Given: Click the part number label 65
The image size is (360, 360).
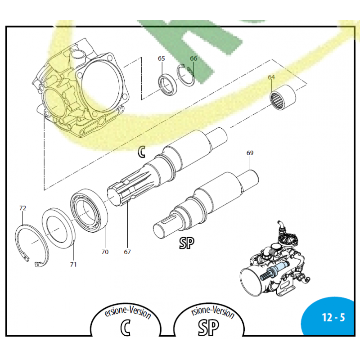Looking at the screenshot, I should click(161, 58).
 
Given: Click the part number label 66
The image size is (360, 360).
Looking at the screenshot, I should click(193, 58).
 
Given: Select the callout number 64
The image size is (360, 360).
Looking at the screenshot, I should click(271, 77).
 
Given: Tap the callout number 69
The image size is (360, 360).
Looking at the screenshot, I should click(250, 153).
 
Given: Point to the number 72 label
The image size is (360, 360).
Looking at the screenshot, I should click(22, 208).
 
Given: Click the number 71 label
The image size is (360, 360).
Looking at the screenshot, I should click(73, 265).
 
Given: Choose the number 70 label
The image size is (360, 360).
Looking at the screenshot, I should click(104, 252).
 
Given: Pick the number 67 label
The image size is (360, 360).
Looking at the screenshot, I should click(127, 252).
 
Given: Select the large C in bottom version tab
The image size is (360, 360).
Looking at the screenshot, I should click(126, 328).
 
